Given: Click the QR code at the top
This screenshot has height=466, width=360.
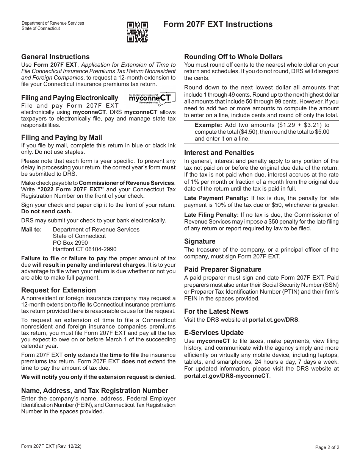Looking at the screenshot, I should coord(137,31).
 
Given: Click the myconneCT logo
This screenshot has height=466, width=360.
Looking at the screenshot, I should coord(152,98).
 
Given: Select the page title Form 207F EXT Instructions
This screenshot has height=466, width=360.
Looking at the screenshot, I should coord(218,24).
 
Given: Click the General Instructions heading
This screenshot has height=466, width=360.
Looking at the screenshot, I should coord(55,57).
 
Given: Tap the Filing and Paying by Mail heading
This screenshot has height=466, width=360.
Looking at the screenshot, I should coord(61,138).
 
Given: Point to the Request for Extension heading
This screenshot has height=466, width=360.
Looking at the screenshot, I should coord(58,290).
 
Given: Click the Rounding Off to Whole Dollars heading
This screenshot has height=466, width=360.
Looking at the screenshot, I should coord(233,57).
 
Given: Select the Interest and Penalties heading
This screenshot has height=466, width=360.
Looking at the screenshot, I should coord(219,153).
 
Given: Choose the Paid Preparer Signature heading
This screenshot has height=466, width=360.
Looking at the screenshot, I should coord(222,269).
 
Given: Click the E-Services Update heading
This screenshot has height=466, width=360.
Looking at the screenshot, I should coord(214,333).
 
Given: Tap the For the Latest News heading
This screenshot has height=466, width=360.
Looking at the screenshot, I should coord(216,311).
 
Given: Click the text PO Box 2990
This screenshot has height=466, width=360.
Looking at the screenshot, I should coord(70,242).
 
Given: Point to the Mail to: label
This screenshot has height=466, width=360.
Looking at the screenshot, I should coord(31,230).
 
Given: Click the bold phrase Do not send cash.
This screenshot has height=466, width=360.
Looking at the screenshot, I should coord(46,211).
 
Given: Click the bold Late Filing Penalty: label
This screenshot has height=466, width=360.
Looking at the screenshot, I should coord(211,215).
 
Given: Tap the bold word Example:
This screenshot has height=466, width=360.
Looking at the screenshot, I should coord(208,125).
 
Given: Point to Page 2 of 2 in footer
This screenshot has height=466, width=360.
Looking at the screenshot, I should coord(327,447).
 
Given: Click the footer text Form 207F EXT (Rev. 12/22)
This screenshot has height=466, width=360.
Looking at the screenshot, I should coord(51,446).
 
